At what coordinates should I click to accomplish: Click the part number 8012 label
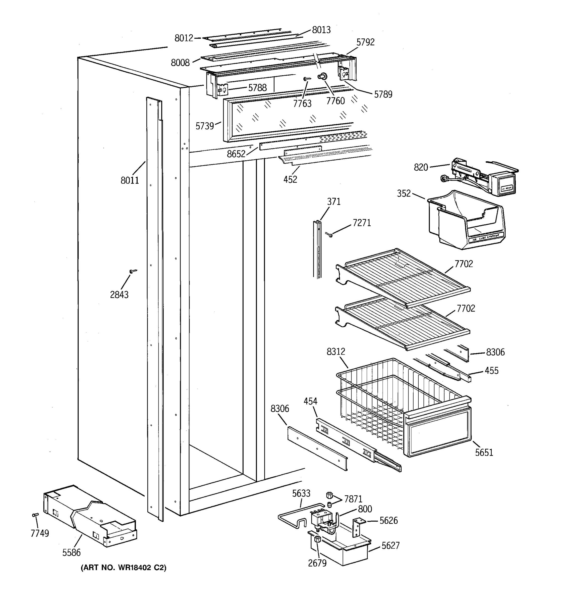[184, 38]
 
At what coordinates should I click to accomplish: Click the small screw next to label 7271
[329, 234]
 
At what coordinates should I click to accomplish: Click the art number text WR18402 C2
[123, 568]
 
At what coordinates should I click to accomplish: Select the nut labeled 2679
[318, 539]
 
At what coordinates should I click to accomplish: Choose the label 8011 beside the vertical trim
[130, 180]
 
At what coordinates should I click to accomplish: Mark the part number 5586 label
[72, 553]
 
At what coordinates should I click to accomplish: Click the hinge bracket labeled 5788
[223, 89]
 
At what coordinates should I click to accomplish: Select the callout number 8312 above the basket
[335, 351]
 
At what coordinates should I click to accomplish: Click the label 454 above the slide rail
[310, 401]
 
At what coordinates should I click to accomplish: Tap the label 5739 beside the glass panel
[205, 126]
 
